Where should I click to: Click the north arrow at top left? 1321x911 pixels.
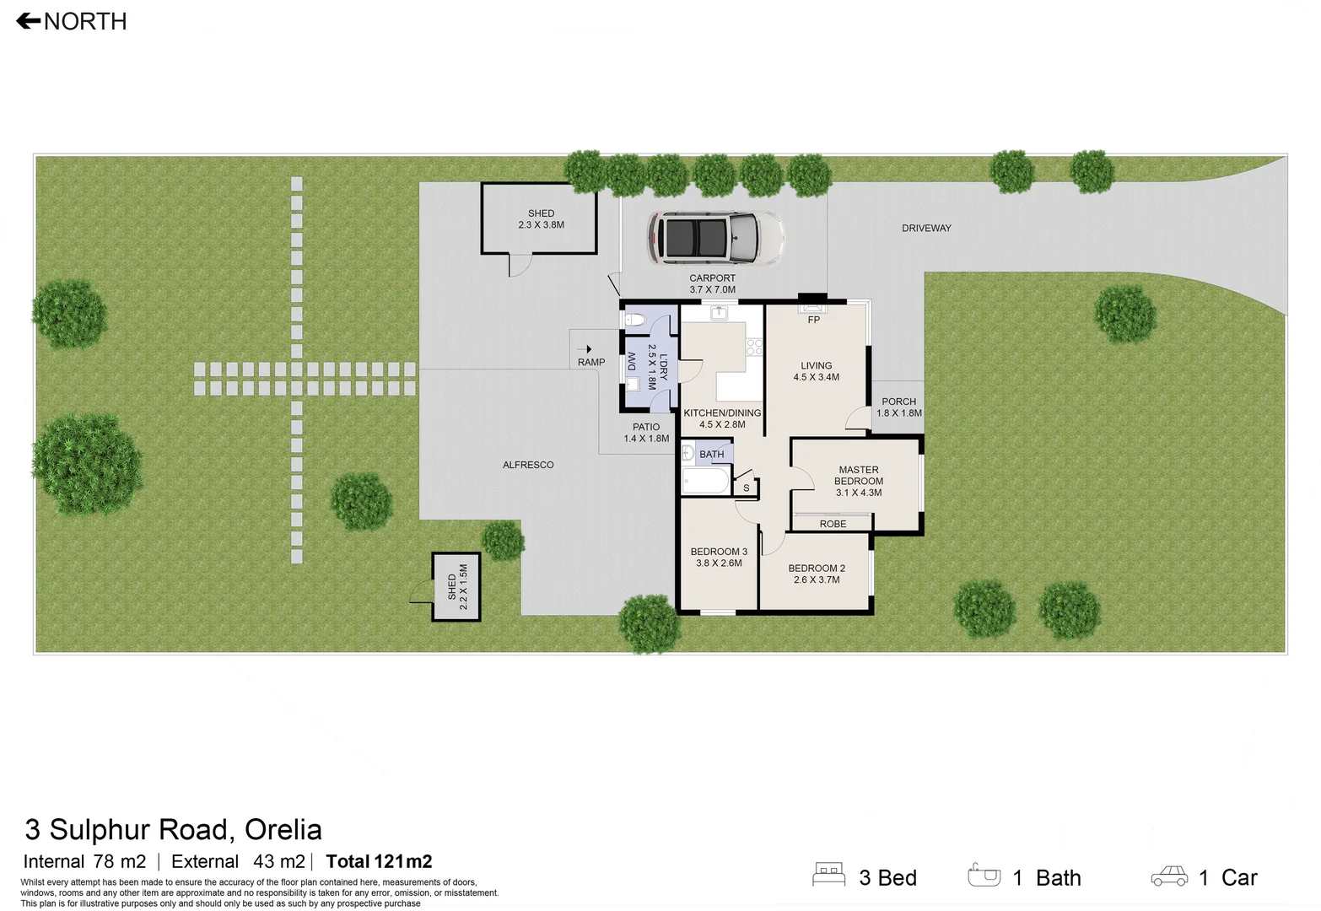(x=29, y=21)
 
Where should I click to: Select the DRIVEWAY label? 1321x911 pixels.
(x=925, y=228)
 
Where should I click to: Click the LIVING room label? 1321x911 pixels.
(x=816, y=366)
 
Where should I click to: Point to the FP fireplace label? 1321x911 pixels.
(x=813, y=320)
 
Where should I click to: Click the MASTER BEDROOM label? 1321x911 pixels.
(x=858, y=476)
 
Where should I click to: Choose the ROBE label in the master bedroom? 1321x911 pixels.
(x=832, y=524)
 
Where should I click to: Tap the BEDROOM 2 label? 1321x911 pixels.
(x=816, y=569)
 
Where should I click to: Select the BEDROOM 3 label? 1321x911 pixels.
(x=718, y=552)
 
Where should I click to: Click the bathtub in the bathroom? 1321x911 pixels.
(x=705, y=482)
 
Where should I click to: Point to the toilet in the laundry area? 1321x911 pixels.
(x=634, y=320)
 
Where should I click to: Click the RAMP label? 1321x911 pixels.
(x=590, y=362)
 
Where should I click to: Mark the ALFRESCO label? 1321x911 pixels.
(x=528, y=465)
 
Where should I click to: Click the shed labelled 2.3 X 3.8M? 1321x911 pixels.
(x=540, y=218)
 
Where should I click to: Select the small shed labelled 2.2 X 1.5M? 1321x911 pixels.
(x=456, y=587)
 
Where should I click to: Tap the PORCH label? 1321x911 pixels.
(x=898, y=402)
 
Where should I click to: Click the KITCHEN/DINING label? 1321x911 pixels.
(x=722, y=413)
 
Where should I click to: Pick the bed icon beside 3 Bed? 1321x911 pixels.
(x=828, y=875)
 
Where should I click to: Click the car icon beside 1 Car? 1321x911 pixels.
(x=1168, y=876)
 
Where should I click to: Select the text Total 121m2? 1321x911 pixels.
(x=379, y=861)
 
